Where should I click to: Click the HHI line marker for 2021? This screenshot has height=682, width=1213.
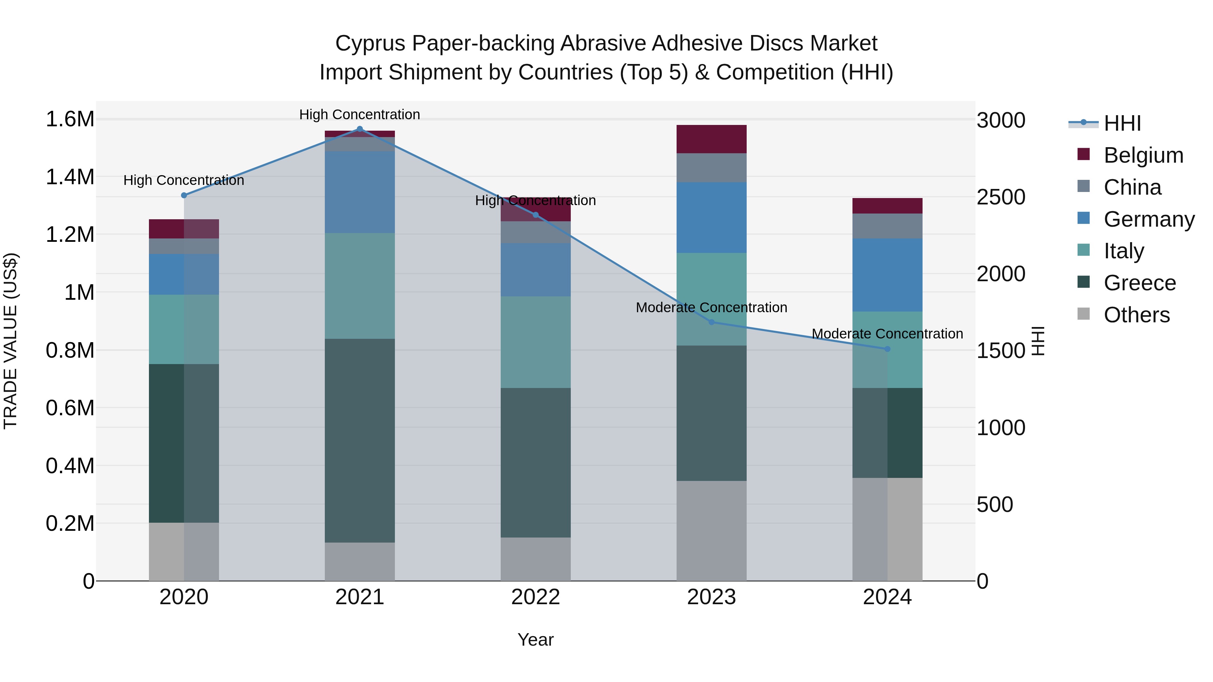tap(360, 129)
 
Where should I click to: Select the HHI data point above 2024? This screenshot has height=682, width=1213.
tap(887, 349)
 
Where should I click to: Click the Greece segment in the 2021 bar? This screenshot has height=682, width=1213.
tap(360, 440)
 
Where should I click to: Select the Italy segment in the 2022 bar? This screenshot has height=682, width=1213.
tap(535, 342)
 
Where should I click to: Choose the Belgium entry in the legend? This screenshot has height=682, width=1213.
tap(1143, 155)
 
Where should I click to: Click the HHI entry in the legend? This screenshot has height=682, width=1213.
tap(1122, 123)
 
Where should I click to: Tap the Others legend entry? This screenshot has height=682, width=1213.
tap(1136, 315)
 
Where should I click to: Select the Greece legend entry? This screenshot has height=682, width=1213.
tap(1140, 283)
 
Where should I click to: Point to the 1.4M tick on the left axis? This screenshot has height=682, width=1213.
tap(70, 177)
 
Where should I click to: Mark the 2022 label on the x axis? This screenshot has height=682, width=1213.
tap(535, 597)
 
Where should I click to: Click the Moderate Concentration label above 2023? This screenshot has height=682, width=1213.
tap(711, 307)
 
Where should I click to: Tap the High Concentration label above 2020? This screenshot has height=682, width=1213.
tap(184, 180)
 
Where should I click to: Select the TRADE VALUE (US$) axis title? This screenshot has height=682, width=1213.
tap(10, 341)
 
